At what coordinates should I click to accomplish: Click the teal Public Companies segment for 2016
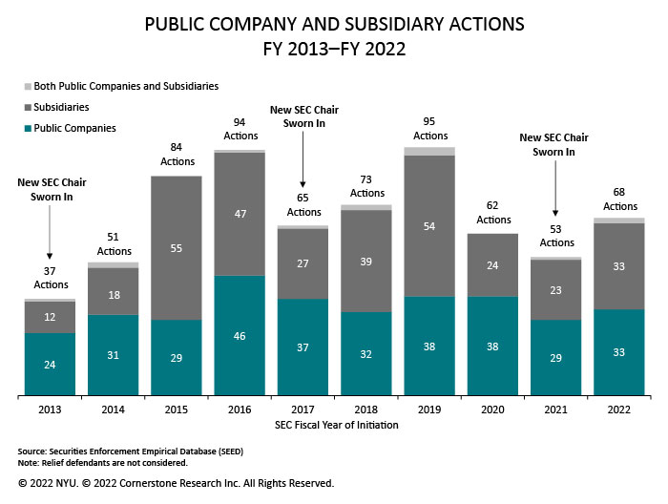240,336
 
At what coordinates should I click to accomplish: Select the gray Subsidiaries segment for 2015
177,247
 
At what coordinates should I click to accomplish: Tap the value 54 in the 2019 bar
430,225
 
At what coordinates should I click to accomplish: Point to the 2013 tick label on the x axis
50,409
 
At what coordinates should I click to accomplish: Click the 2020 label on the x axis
493,409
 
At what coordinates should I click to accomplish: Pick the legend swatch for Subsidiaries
24,107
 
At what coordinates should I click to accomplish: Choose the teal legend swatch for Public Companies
24,128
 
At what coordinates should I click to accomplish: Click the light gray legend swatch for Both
24,86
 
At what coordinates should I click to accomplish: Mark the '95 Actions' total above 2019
430,129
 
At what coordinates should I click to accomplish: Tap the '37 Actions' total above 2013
50,279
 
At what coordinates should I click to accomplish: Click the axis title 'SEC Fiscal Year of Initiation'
335,425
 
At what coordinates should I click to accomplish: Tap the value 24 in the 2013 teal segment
50,364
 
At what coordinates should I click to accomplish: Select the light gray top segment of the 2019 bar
430,151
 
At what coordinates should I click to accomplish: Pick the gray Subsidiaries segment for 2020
493,265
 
